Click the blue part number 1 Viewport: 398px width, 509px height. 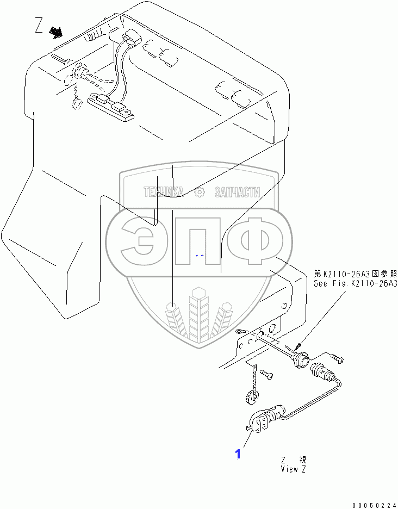pos(238,454)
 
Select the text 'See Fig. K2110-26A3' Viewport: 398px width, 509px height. pos(355,283)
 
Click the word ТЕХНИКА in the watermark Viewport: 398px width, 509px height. pos(164,192)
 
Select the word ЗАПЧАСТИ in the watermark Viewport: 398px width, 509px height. pos(237,192)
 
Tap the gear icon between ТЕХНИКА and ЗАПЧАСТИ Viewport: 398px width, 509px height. pos(200,192)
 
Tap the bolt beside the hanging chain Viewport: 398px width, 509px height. pos(266,374)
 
